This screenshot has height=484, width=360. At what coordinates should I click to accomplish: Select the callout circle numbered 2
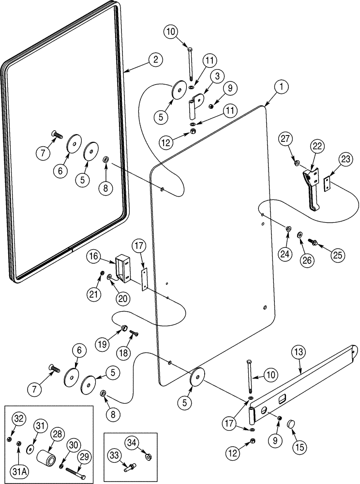(x=155, y=60)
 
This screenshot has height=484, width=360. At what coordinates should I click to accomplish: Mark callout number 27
(x=285, y=140)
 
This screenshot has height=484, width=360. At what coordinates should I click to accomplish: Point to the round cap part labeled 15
(x=291, y=424)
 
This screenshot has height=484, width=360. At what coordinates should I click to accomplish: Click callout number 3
(x=217, y=76)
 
